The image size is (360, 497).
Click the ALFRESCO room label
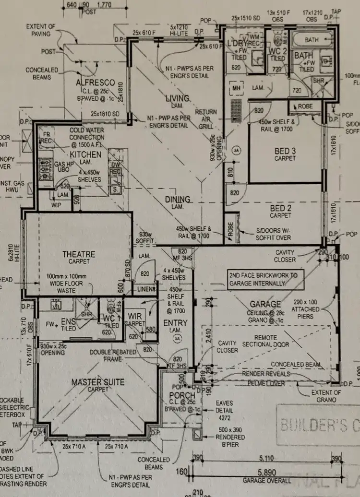[95, 83]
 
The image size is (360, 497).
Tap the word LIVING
[177, 98]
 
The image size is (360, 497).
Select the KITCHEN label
[85, 154]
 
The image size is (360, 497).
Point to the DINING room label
[177, 199]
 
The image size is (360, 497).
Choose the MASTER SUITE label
[97, 382]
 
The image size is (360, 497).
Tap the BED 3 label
[285, 151]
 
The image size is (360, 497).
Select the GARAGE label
[265, 304]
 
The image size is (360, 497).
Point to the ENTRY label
[175, 323]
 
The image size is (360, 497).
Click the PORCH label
[182, 395]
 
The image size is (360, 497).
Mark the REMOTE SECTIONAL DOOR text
[265, 341]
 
